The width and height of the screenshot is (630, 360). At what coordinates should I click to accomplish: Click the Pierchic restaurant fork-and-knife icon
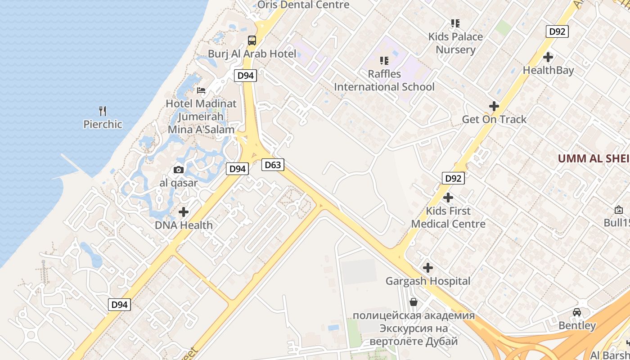(x=103, y=111)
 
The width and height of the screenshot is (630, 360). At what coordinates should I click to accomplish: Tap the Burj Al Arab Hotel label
(x=252, y=54)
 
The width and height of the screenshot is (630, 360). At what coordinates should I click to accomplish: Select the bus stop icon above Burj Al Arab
(x=252, y=40)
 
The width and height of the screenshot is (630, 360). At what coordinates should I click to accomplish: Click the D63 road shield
(x=273, y=165)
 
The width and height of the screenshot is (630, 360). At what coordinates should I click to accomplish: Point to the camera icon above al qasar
(x=179, y=170)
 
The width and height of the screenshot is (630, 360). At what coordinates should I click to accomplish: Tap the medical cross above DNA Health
(x=184, y=211)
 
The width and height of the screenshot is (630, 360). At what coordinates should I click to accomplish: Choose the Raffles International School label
(x=384, y=80)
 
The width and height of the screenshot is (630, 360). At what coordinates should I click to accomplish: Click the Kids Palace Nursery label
(x=455, y=43)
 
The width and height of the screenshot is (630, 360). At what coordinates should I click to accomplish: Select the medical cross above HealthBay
(x=548, y=57)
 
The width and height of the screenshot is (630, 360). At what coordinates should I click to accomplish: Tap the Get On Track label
(x=494, y=119)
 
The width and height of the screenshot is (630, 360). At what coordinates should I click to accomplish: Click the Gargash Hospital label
(x=428, y=281)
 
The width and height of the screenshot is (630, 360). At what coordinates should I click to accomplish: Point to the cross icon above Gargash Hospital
(x=428, y=268)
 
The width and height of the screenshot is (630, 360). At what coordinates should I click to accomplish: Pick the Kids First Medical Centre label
(x=448, y=217)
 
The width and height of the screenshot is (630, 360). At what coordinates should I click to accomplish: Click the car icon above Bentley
(x=577, y=312)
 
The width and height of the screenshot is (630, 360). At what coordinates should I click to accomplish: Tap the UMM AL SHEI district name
(x=594, y=158)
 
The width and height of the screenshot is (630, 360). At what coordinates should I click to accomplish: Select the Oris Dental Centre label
(x=303, y=5)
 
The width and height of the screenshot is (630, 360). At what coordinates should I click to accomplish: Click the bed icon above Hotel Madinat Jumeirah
(x=201, y=90)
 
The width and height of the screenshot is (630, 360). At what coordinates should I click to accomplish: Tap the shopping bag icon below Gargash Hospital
(x=414, y=302)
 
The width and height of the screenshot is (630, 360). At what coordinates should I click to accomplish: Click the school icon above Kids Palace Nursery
(x=455, y=23)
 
